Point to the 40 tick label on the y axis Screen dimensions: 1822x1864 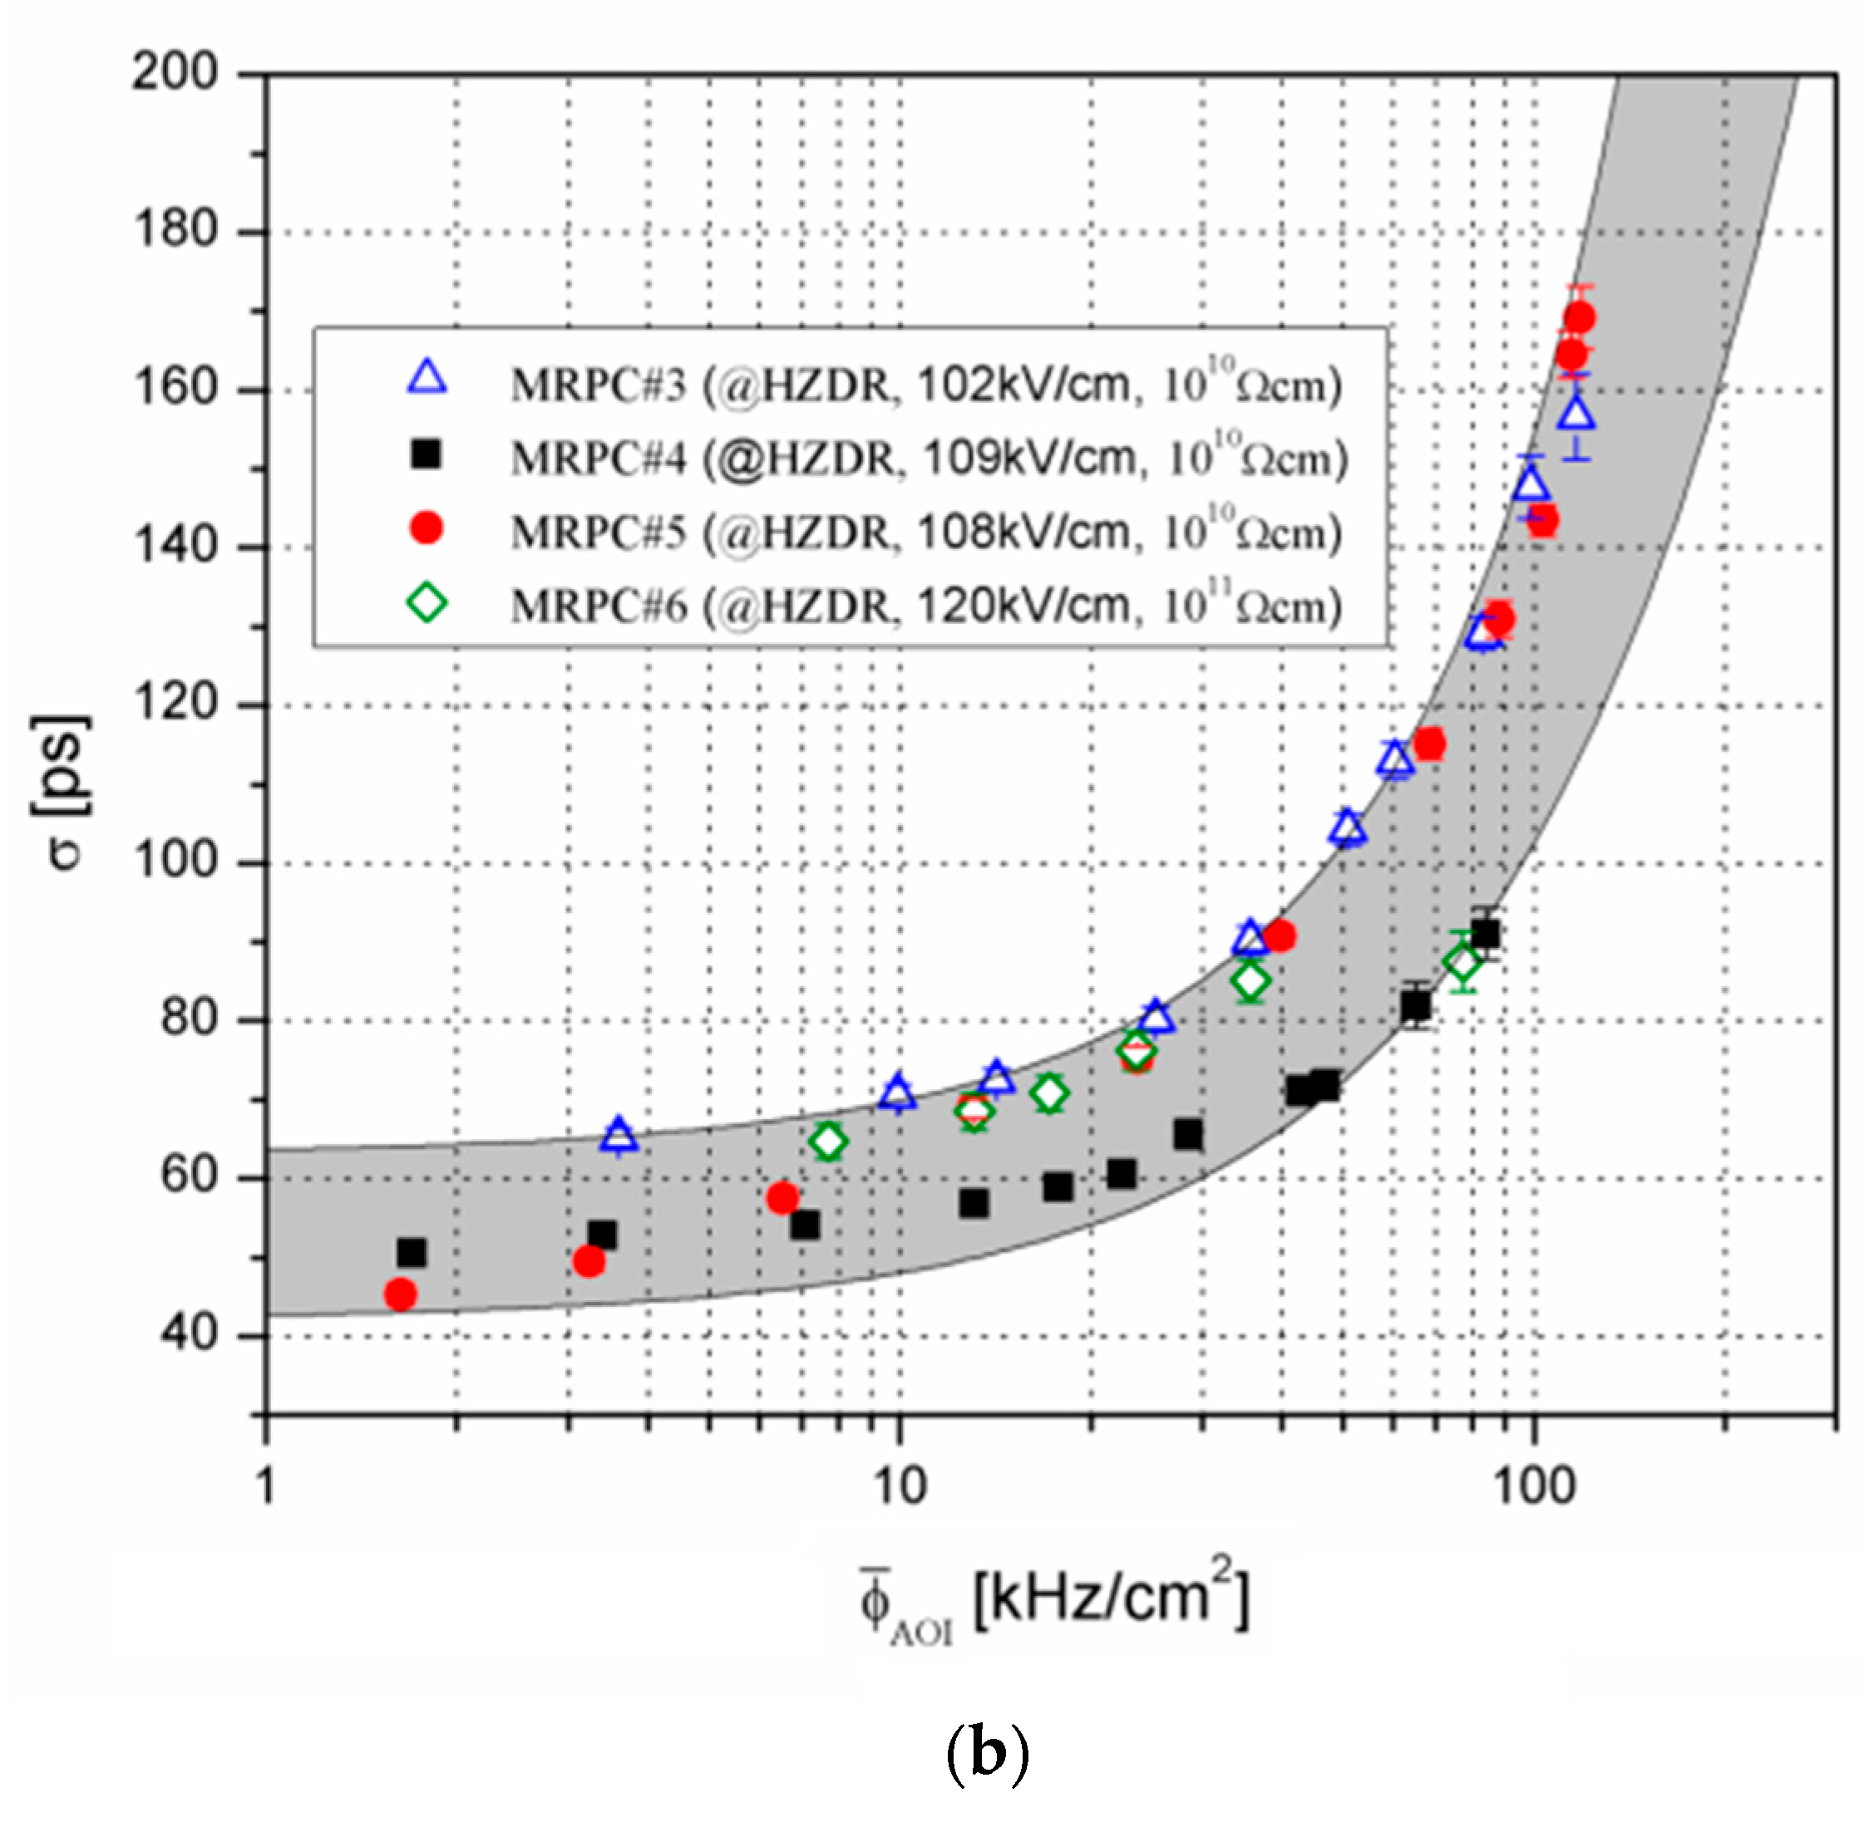(x=190, y=1334)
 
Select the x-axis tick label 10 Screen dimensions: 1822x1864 (x=899, y=1486)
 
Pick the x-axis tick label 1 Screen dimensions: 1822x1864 (x=265, y=1486)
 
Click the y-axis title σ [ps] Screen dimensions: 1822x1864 (x=65, y=790)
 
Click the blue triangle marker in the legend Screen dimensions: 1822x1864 (x=427, y=378)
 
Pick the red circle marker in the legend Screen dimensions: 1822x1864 (x=427, y=528)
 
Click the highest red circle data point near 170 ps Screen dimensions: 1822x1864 (x=1579, y=317)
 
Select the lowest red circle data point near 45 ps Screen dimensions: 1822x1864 (x=400, y=1294)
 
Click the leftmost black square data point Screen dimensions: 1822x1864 (x=412, y=1252)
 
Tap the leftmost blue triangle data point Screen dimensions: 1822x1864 (x=619, y=1135)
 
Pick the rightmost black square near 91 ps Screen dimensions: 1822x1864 (x=1485, y=933)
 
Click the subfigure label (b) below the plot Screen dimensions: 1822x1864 (x=987, y=1752)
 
